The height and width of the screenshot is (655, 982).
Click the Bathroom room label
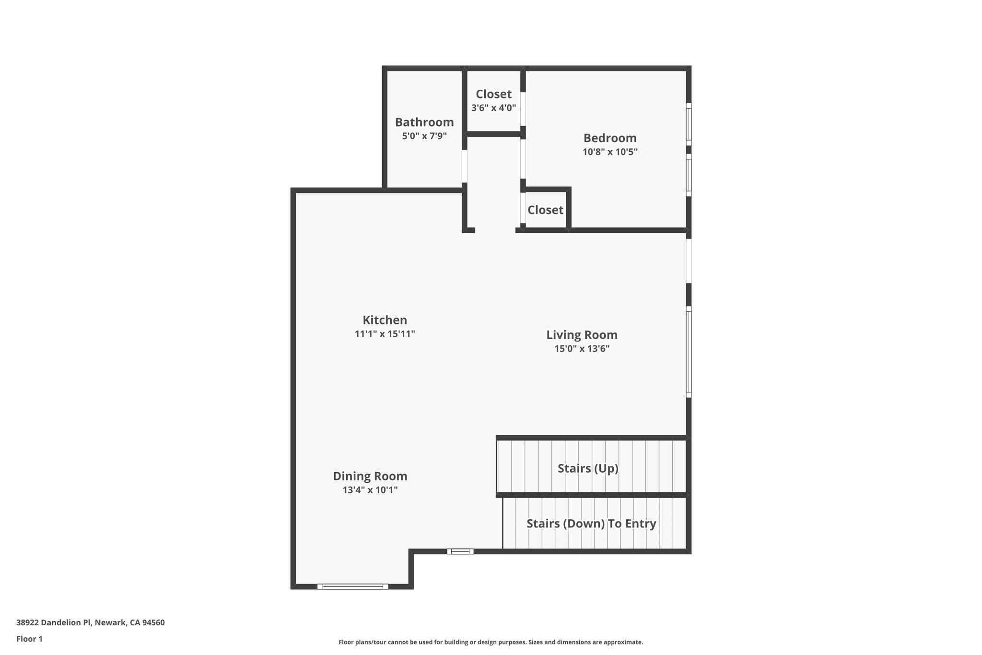click(424, 122)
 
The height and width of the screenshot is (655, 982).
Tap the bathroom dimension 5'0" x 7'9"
click(424, 136)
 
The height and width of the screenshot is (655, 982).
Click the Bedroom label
click(610, 138)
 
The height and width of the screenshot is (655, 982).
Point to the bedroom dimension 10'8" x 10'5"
click(610, 152)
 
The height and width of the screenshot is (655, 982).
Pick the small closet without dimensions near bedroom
click(545, 210)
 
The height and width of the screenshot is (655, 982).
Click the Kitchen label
click(385, 320)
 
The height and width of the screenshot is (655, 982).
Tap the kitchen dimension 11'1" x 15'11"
click(385, 334)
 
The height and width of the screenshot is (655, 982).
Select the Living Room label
click(582, 335)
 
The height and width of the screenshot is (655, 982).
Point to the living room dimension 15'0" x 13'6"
click(582, 349)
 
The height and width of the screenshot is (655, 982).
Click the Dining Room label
click(370, 476)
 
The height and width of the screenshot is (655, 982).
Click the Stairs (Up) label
click(588, 468)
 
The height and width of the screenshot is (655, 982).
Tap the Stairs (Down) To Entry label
click(591, 524)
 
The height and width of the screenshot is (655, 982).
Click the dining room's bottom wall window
click(353, 586)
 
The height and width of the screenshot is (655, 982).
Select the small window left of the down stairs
click(460, 551)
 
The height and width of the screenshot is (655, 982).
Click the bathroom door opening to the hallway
click(464, 166)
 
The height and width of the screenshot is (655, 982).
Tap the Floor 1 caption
click(29, 639)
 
